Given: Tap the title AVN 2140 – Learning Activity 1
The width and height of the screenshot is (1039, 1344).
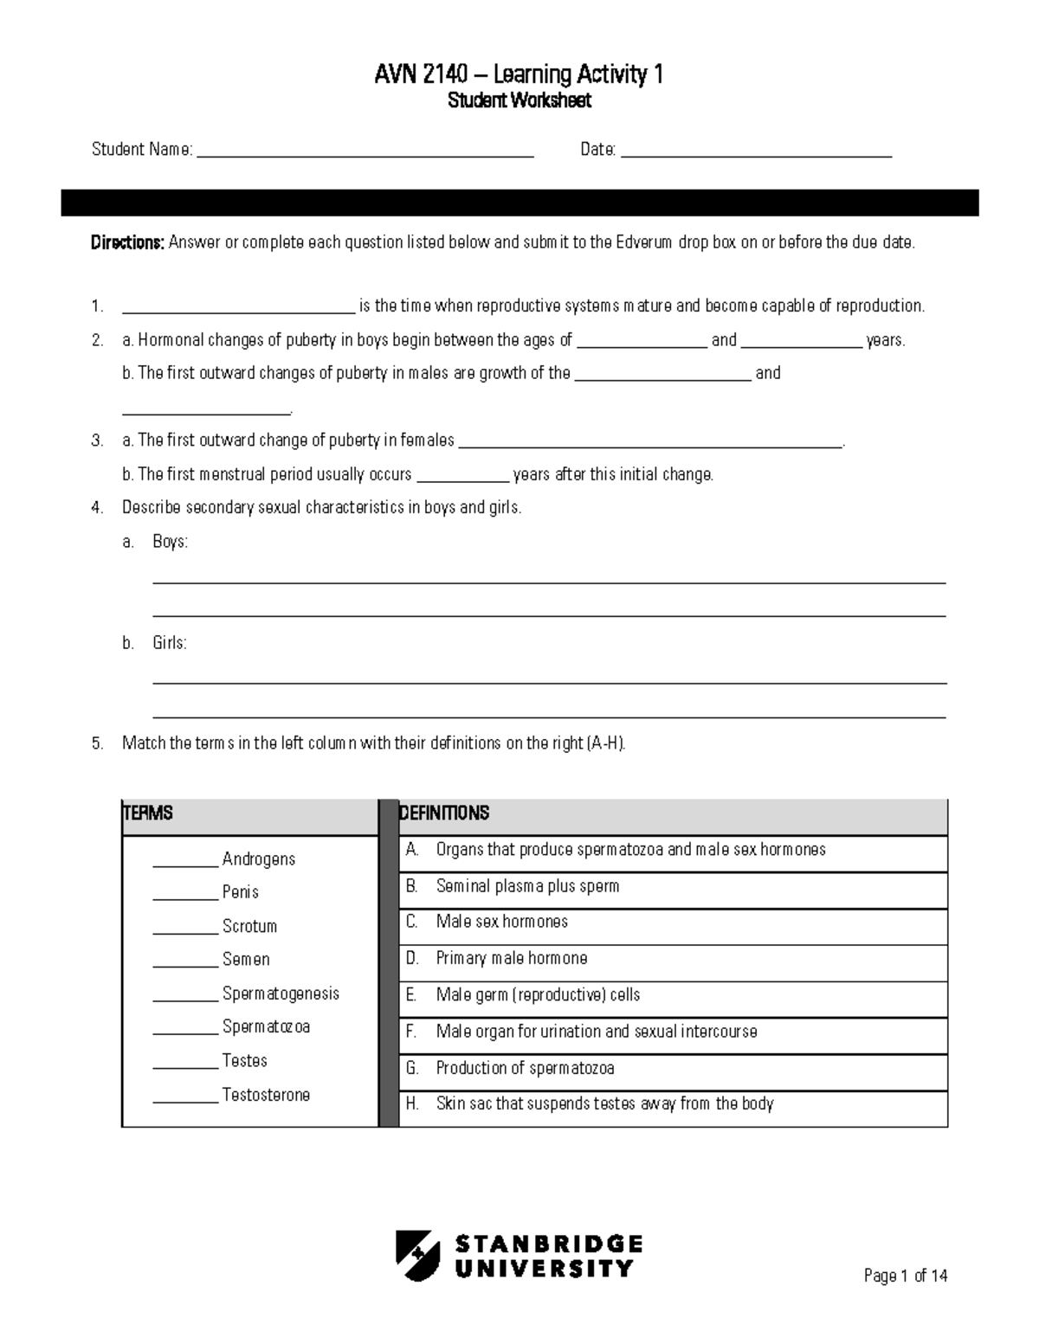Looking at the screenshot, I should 519,75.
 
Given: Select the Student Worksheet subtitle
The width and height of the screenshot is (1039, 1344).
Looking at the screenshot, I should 519,101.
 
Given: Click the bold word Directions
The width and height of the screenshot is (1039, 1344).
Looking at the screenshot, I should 127,242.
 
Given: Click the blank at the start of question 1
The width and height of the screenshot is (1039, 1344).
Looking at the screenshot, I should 239,308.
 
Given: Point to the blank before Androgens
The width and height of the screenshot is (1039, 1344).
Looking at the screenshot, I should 185,861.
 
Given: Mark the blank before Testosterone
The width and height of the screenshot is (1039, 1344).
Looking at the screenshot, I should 185,1097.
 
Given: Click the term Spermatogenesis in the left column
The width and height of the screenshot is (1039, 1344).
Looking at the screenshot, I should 281,994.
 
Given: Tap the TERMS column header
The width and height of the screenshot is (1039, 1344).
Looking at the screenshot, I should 149,813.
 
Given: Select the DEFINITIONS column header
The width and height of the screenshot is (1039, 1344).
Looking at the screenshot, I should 444,813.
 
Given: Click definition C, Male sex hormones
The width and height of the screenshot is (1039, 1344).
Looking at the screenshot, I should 501,922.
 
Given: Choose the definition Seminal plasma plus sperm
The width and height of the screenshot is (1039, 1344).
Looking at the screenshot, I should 527,886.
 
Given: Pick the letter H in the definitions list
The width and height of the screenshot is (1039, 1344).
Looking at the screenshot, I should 412,1103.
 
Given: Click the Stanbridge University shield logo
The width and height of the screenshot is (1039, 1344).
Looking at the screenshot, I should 417,1255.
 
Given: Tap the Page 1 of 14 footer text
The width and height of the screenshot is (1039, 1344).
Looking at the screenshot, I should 906,1276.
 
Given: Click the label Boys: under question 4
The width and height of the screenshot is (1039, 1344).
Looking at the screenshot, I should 170,542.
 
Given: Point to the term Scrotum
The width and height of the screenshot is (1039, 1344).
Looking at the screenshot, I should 249,926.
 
